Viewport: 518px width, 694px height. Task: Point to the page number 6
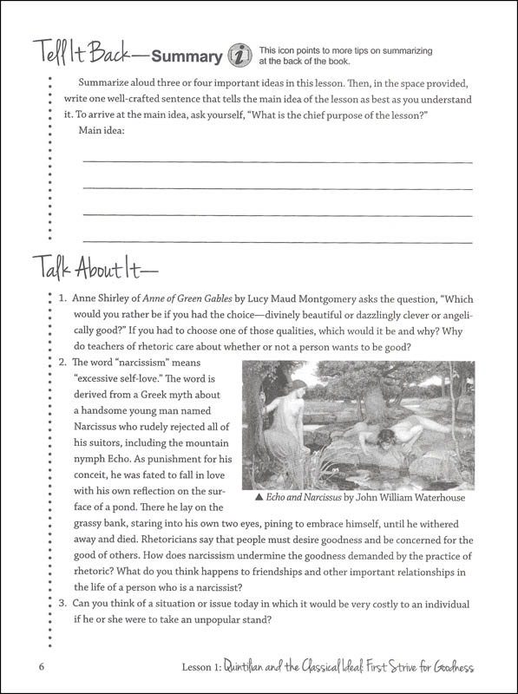tap(41, 665)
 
